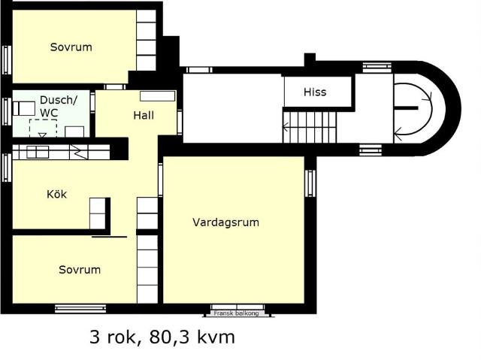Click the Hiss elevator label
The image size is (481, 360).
(x=315, y=92)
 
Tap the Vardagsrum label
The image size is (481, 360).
(x=225, y=222)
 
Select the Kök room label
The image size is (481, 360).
(x=57, y=194)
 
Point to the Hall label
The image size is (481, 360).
(x=144, y=116)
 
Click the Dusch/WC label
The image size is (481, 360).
(x=59, y=106)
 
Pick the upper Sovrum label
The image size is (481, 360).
(x=71, y=47)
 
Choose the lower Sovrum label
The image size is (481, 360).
(x=80, y=270)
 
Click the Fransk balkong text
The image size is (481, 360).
(x=236, y=313)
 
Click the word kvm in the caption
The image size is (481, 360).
(x=216, y=337)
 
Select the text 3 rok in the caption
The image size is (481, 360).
(x=113, y=337)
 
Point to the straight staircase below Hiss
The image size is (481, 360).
(x=310, y=127)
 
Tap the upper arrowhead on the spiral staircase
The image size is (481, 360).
(x=428, y=97)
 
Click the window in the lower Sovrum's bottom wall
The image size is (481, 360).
(x=80, y=308)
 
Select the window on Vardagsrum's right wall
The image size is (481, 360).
(x=310, y=183)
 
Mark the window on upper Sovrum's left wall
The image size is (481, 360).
(x=7, y=60)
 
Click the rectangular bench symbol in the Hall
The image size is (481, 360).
(x=158, y=96)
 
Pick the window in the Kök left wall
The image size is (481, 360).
(x=7, y=168)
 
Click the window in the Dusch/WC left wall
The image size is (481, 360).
(x=7, y=111)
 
